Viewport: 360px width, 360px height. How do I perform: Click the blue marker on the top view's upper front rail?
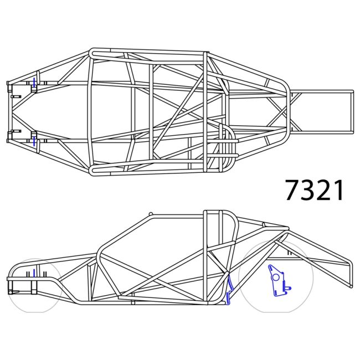tap(34, 83)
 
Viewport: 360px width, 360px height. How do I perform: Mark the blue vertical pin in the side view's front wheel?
tap(34, 273)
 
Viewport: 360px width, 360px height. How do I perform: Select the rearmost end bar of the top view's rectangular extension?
tap(351, 112)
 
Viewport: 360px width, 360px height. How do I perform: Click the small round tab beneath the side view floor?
tap(133, 304)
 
